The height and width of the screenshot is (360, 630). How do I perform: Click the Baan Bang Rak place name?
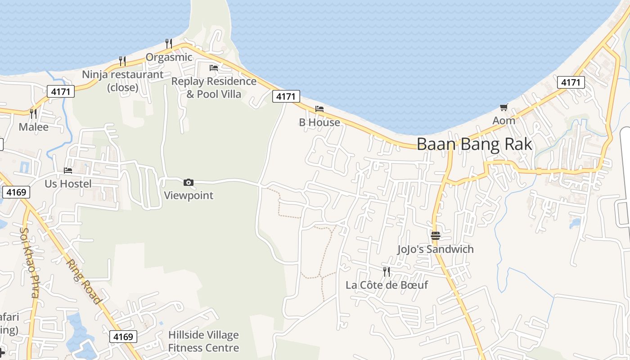(474, 144)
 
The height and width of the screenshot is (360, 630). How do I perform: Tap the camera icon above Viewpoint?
(189, 182)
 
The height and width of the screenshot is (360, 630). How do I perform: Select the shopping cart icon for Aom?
(504, 108)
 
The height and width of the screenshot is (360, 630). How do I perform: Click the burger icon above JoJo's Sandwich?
(435, 235)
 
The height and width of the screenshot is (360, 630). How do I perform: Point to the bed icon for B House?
(319, 109)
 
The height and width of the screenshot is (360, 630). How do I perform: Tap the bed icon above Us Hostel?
(68, 171)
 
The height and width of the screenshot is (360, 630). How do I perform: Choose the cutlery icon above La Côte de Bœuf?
(386, 271)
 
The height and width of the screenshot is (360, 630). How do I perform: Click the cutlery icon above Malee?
(33, 113)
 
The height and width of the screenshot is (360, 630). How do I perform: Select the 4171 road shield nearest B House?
(286, 96)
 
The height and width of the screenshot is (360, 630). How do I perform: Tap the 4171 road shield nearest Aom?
(571, 82)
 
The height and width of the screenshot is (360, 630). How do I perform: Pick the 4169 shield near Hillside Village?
(123, 337)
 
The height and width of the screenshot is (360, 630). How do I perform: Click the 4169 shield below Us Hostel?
(16, 192)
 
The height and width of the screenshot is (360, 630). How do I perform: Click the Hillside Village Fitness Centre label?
(203, 342)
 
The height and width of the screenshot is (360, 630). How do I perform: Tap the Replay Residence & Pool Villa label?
(214, 88)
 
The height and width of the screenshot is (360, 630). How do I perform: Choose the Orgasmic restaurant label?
(169, 58)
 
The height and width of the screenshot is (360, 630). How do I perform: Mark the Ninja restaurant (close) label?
(122, 81)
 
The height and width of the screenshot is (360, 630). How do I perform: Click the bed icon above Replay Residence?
(214, 68)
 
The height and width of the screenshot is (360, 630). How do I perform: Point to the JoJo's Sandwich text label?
(435, 249)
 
